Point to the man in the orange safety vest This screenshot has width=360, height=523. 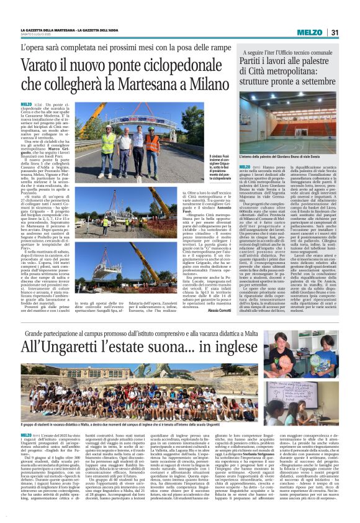click(151, 142)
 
